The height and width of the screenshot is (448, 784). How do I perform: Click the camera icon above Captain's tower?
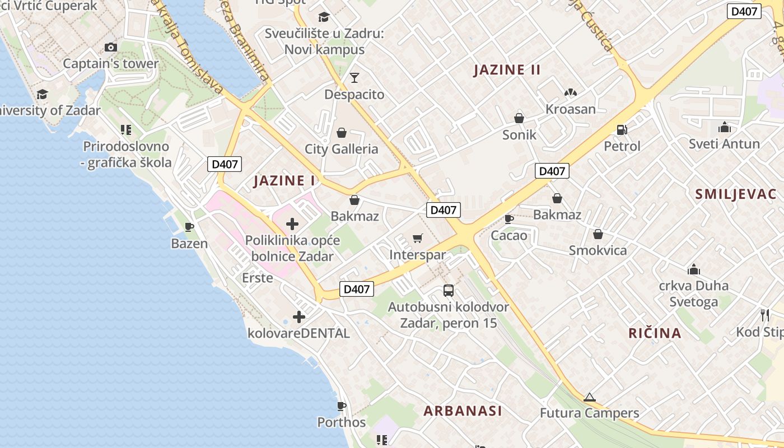point(111,48)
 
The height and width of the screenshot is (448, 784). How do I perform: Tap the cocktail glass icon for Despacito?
point(354,77)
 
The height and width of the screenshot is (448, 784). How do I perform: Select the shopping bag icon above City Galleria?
point(341,133)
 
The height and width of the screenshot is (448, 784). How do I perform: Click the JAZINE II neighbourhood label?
point(507,70)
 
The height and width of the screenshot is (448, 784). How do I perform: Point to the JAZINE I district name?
point(284,181)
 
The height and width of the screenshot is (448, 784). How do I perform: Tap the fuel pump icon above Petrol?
point(622,129)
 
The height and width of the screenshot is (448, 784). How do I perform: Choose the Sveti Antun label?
point(724,144)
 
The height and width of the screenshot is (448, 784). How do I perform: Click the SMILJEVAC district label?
point(735,194)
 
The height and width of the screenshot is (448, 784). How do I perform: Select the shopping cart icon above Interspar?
point(417,239)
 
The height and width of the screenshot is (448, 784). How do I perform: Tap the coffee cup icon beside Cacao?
point(508,219)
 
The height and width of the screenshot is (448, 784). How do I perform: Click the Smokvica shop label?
point(598,250)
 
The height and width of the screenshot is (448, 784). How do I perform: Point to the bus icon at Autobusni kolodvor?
point(448,291)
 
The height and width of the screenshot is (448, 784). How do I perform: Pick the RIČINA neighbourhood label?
point(655,334)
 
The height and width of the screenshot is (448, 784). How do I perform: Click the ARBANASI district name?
point(463,411)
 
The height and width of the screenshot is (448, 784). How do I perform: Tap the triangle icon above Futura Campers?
point(589,398)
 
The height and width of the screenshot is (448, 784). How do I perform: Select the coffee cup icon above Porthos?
point(341,405)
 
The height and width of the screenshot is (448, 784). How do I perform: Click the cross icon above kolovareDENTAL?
point(299,317)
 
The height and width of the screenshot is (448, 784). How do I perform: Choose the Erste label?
point(258,278)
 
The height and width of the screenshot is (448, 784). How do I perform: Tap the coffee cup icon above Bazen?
point(189,227)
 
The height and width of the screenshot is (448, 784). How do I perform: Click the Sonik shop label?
point(519,135)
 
